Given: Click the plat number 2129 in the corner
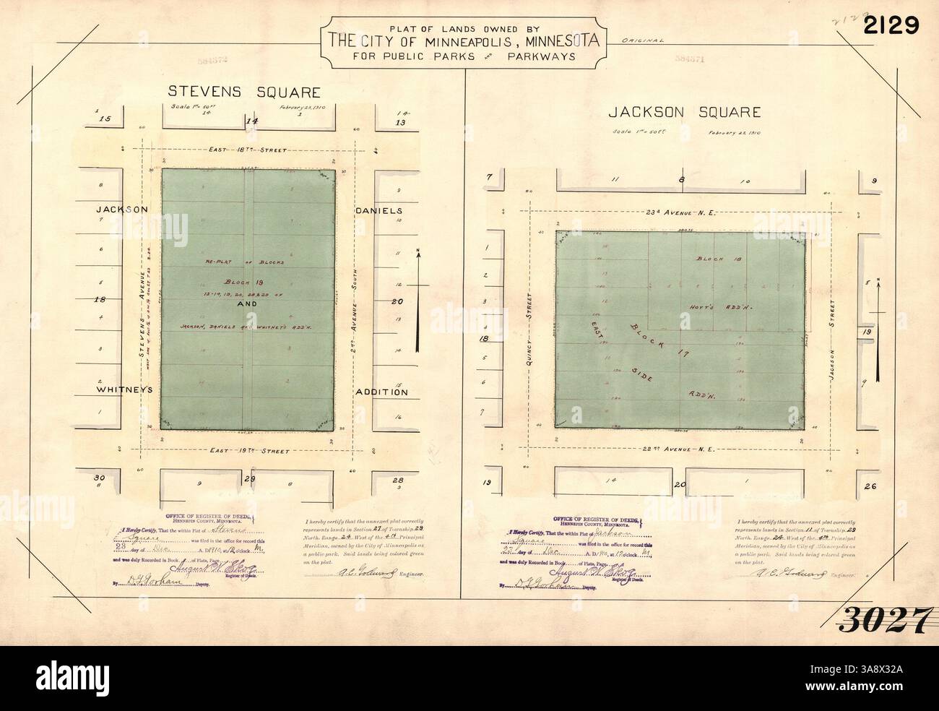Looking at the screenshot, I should (x=889, y=26).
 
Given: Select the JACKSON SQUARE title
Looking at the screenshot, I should (x=684, y=112).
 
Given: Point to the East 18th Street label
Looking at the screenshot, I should (x=248, y=150).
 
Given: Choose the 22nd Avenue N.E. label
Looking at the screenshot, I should (x=680, y=449).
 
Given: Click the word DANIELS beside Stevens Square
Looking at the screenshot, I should (x=378, y=210).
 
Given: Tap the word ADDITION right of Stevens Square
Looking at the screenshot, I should (x=381, y=392).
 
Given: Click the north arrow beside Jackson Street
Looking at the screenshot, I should (x=878, y=329).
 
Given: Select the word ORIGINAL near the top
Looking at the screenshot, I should (x=642, y=41).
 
